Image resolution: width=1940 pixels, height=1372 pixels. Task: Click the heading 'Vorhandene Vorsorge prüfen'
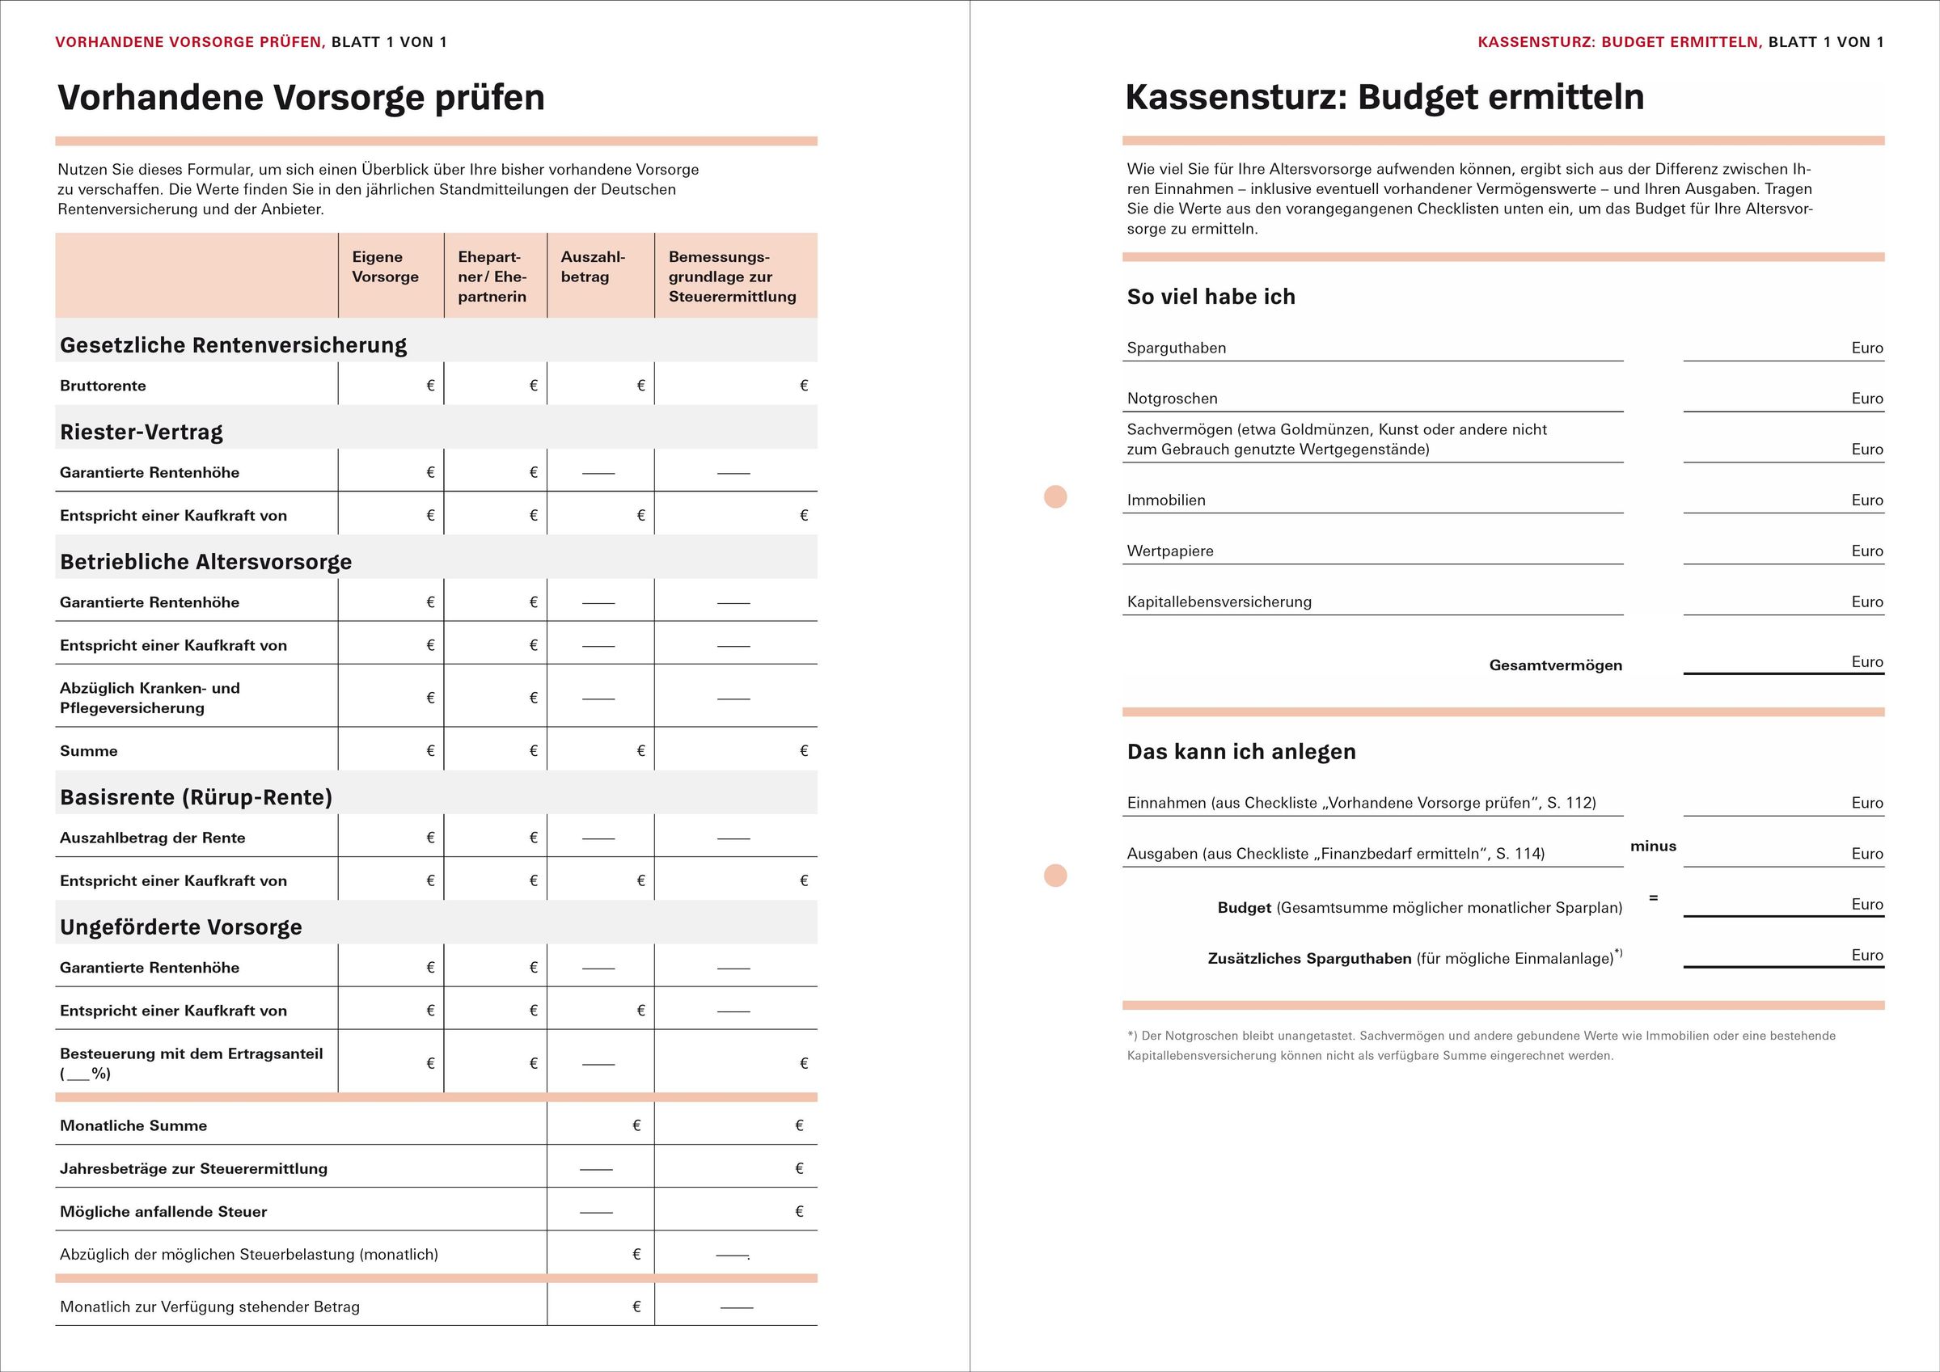(x=301, y=98)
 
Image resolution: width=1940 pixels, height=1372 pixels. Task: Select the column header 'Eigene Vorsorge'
(x=385, y=267)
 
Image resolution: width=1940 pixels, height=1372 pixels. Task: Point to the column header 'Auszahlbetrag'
(x=593, y=267)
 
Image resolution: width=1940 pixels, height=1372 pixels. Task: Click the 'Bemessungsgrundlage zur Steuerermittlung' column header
(x=732, y=277)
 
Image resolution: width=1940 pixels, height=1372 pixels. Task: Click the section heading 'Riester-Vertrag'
(x=141, y=433)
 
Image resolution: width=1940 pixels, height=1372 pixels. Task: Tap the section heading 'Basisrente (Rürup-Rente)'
(x=196, y=797)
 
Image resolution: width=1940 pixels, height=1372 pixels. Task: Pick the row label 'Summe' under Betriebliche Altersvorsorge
(x=89, y=751)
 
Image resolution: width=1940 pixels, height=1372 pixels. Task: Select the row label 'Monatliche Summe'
(x=133, y=1126)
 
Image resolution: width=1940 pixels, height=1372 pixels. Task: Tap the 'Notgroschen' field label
(x=1172, y=399)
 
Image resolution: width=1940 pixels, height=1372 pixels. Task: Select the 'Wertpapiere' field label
(x=1170, y=551)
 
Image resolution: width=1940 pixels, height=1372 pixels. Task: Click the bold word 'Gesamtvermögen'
(x=1556, y=665)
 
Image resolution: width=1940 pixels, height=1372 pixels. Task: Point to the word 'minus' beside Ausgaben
(x=1654, y=846)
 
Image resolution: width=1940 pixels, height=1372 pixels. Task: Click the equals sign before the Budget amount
(x=1654, y=898)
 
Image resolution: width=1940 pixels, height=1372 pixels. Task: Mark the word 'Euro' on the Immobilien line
(x=1866, y=500)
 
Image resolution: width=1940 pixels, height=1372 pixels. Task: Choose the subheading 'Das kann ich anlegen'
(x=1241, y=752)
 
